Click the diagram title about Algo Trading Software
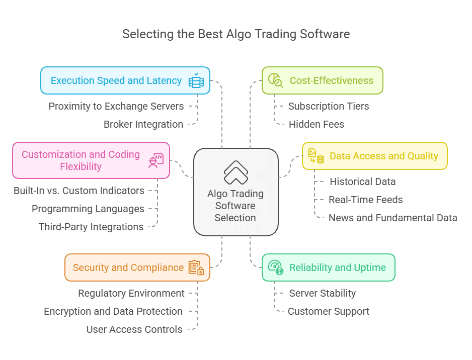click(x=235, y=35)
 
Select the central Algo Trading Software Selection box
click(x=235, y=192)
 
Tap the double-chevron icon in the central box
click(x=235, y=172)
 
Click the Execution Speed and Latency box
click(x=125, y=80)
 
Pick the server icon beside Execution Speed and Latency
click(x=196, y=80)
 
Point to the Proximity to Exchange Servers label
click(x=116, y=106)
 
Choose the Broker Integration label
click(x=143, y=124)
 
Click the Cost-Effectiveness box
click(x=322, y=80)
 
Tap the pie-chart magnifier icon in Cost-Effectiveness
click(x=275, y=80)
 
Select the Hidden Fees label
click(x=317, y=124)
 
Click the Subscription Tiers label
click(x=329, y=106)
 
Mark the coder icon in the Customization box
click(x=155, y=160)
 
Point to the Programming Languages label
click(x=88, y=209)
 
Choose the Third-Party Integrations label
click(x=91, y=227)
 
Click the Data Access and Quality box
click(x=374, y=156)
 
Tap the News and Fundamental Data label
click(x=393, y=218)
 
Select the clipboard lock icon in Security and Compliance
click(x=196, y=267)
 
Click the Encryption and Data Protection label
click(x=113, y=311)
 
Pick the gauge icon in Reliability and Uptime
click(x=275, y=267)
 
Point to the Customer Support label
click(x=329, y=311)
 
